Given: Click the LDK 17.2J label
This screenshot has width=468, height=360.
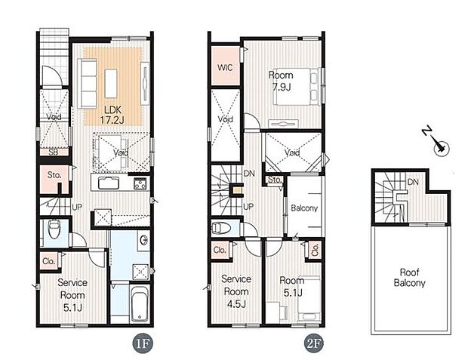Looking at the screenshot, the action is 112,115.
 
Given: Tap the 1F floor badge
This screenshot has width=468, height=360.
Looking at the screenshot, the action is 143,343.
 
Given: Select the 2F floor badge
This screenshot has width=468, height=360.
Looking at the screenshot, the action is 314,343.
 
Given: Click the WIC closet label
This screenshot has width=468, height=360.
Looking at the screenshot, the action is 225,68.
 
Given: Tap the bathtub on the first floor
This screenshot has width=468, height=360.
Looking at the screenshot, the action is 140,303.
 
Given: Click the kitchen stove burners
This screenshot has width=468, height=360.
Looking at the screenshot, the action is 140,183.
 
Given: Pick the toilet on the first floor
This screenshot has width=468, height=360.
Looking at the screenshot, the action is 54,229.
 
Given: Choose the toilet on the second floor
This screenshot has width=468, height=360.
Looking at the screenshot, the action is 221,229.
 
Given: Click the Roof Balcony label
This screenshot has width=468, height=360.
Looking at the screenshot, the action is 409,278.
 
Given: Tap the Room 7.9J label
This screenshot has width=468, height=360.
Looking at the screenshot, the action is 281,81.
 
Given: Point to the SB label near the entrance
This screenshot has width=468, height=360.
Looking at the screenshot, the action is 54,152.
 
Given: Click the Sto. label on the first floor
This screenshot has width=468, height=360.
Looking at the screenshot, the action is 54,175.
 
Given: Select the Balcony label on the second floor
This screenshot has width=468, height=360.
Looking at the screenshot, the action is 304,208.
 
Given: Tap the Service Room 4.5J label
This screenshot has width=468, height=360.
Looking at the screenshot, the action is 236,291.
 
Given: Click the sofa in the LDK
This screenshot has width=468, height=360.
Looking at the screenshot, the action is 87,84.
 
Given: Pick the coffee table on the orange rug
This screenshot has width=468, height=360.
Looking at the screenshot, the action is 111,83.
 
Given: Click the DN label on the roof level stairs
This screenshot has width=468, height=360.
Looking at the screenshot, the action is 413,182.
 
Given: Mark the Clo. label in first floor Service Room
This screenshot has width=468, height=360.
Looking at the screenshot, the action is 48,261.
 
